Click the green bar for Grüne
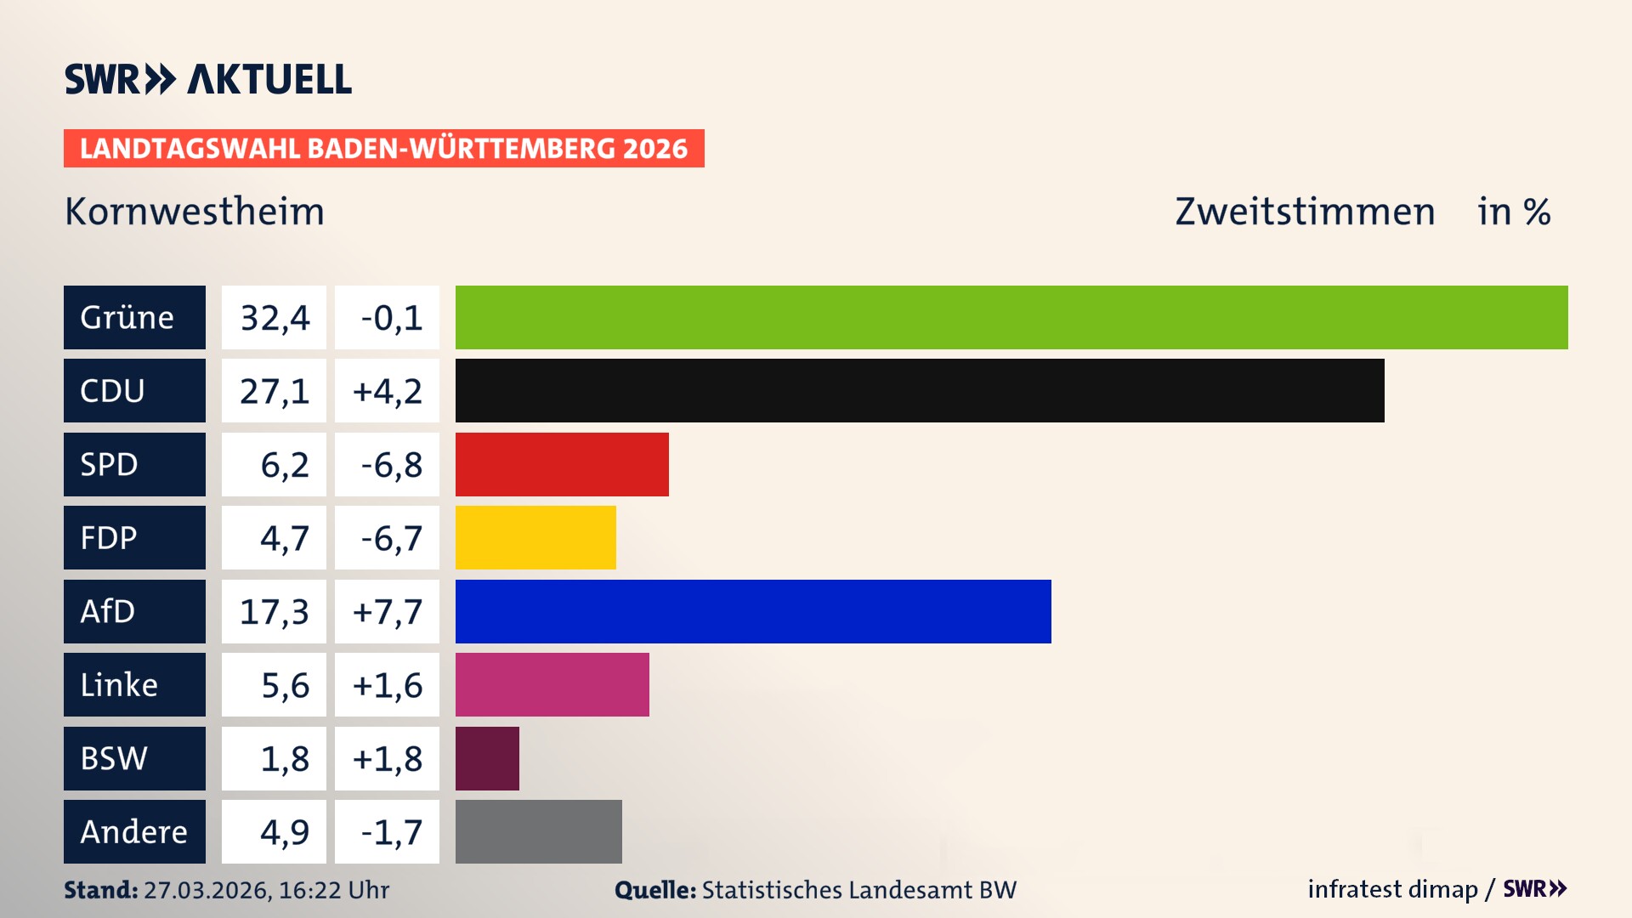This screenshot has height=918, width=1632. [1011, 317]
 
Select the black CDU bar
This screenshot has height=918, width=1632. [920, 390]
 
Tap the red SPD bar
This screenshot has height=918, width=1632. [562, 464]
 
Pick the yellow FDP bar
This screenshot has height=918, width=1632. [535, 537]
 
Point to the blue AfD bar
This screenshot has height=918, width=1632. [753, 611]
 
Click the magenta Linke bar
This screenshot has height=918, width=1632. [552, 684]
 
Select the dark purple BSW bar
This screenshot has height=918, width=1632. [487, 758]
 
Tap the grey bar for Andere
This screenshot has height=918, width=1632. [539, 831]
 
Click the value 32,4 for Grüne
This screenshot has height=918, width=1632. [275, 318]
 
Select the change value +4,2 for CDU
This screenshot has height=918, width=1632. [388, 391]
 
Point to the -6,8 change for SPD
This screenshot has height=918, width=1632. [391, 465]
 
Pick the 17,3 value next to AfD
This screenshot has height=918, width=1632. [275, 612]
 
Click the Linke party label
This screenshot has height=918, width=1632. [119, 685]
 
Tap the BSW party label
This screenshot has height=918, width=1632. [114, 758]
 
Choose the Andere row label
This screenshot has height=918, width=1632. [133, 831]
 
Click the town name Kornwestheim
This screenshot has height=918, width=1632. [195, 212]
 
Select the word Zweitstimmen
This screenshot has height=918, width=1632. [1305, 212]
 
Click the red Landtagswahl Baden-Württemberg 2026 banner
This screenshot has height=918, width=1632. [383, 149]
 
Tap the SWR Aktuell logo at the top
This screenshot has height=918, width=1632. [208, 79]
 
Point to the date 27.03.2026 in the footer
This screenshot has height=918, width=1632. [207, 890]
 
